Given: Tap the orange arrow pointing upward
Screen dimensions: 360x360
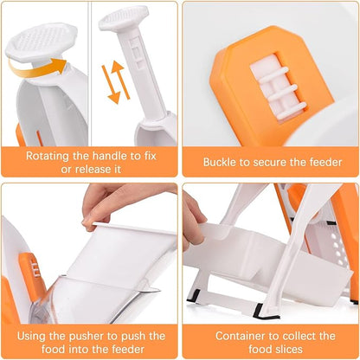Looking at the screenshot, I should tap(119, 71).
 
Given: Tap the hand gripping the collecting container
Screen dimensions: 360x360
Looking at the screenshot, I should tap(191, 218).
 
